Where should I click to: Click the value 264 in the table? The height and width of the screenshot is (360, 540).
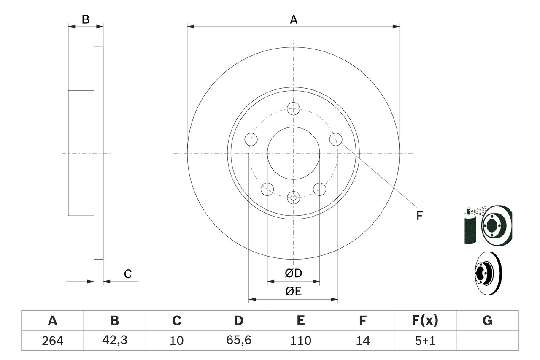[52, 340]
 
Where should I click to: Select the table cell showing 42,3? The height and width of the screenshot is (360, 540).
[114, 340]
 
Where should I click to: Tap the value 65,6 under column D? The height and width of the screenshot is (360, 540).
[239, 340]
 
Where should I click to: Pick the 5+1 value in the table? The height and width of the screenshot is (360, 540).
[425, 340]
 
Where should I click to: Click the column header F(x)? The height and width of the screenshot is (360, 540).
[425, 321]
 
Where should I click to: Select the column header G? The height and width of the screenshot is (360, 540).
[487, 321]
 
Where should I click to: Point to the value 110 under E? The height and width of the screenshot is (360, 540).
[301, 340]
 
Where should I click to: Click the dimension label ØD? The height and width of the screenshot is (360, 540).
[293, 273]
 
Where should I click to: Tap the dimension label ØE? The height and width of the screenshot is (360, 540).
[293, 292]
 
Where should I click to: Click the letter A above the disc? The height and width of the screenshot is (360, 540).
[293, 19]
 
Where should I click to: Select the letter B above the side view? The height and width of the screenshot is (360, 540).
[86, 19]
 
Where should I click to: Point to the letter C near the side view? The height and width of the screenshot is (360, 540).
[128, 274]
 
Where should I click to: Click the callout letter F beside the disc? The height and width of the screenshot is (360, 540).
[419, 216]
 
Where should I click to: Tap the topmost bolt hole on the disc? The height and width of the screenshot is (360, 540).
[293, 108]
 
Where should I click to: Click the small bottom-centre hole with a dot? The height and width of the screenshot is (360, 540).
[293, 197]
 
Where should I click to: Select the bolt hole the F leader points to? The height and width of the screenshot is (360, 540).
[335, 139]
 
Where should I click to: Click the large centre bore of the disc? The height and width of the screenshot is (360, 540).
[293, 153]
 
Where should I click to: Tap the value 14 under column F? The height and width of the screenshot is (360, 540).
[363, 340]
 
